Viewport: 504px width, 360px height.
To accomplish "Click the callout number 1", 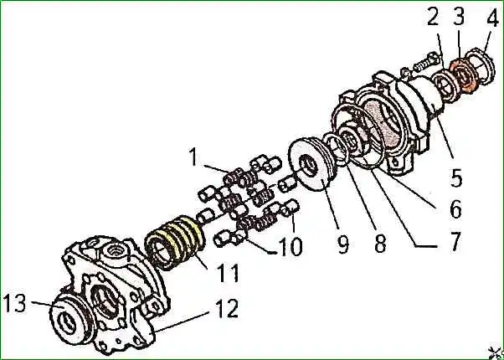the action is [x=193, y=156].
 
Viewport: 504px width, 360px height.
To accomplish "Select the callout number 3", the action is [x=459, y=18].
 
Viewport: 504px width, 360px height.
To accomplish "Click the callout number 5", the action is [x=456, y=177].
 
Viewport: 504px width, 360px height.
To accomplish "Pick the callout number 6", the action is [x=455, y=209].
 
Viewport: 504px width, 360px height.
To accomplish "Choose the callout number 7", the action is [x=455, y=241].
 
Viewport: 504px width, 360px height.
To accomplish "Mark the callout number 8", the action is [x=379, y=244].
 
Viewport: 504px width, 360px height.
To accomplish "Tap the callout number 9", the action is [x=342, y=245].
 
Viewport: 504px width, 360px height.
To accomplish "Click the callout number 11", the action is [x=227, y=273].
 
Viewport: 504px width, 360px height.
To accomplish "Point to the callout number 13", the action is [x=15, y=303].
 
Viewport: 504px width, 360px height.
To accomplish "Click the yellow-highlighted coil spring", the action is [x=175, y=242].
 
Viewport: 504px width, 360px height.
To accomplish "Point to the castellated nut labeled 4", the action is [x=480, y=68].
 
